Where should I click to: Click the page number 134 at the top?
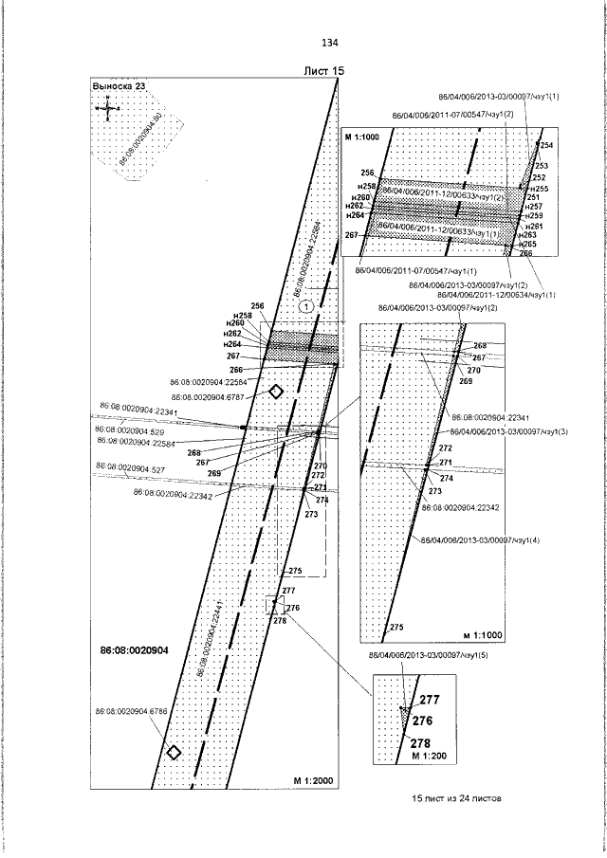(x=330, y=44)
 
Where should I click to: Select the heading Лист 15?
(x=322, y=71)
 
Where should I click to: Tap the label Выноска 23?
(x=119, y=86)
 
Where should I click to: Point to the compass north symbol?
(x=109, y=107)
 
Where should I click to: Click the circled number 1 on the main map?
(x=306, y=306)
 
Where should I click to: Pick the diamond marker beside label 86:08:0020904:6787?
(x=276, y=392)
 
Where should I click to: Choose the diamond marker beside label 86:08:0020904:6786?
(x=174, y=752)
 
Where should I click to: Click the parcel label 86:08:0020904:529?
(x=131, y=430)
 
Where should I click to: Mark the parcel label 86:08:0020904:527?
(x=130, y=469)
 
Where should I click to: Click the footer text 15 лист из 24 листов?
(x=456, y=798)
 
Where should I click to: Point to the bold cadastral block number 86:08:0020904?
(x=134, y=650)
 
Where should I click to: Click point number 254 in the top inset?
(x=546, y=145)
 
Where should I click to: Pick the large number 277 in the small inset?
(x=431, y=699)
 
